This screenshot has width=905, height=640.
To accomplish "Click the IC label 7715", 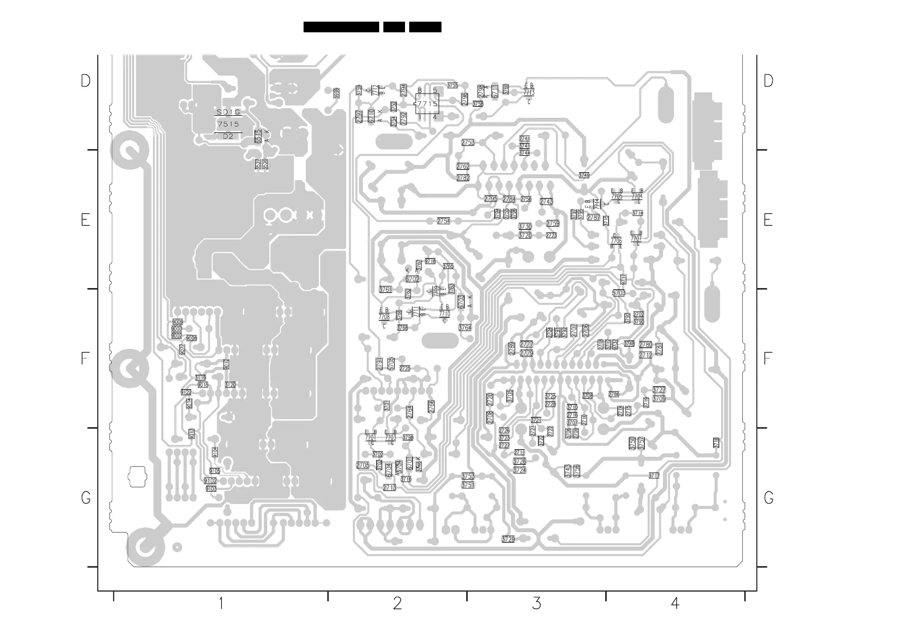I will click(x=427, y=104).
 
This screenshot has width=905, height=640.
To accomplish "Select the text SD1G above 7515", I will click(x=228, y=112).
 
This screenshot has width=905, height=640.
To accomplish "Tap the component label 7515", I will click(x=228, y=124).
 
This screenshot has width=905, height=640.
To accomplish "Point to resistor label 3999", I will click(x=336, y=93).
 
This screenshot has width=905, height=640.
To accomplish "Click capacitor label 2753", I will click(x=468, y=143).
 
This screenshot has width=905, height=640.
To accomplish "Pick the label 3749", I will click(x=584, y=175).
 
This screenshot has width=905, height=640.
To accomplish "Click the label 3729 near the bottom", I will click(x=508, y=539).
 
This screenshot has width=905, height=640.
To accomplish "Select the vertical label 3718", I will click(x=716, y=442).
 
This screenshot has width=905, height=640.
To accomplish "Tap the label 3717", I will click(x=654, y=475).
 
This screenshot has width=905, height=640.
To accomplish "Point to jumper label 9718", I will click(x=430, y=261).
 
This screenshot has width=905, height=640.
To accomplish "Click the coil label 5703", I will click(x=619, y=293).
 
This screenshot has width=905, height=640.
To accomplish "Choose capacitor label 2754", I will click(x=443, y=221).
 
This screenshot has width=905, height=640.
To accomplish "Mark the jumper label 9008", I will click(x=191, y=338).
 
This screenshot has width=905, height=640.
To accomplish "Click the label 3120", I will click(x=230, y=385).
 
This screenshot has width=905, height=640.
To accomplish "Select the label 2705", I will click(x=362, y=465).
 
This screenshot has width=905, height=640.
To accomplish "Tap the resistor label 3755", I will click(x=452, y=85).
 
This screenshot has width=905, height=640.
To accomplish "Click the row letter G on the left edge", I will click(x=85, y=497).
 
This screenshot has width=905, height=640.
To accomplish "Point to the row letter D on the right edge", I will click(x=768, y=81).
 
